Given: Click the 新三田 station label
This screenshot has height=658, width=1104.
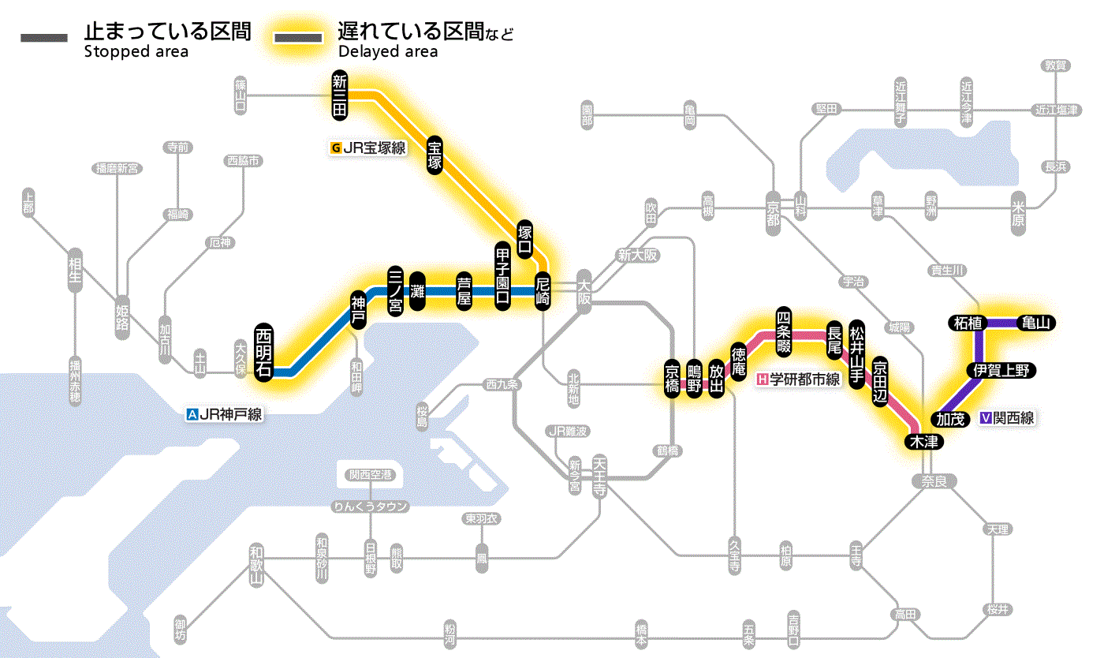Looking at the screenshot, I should (340, 95).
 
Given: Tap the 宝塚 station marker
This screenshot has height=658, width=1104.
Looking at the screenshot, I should (435, 155).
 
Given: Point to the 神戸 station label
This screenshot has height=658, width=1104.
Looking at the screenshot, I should (358, 311).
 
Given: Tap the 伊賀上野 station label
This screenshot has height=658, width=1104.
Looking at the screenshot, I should (1001, 370).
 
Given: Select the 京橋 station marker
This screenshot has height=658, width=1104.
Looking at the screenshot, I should (672, 380).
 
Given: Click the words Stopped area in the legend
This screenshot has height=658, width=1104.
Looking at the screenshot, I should (136, 52).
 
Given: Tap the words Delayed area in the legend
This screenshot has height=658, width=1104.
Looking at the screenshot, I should (388, 52).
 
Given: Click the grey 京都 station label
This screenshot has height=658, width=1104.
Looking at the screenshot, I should (774, 208).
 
